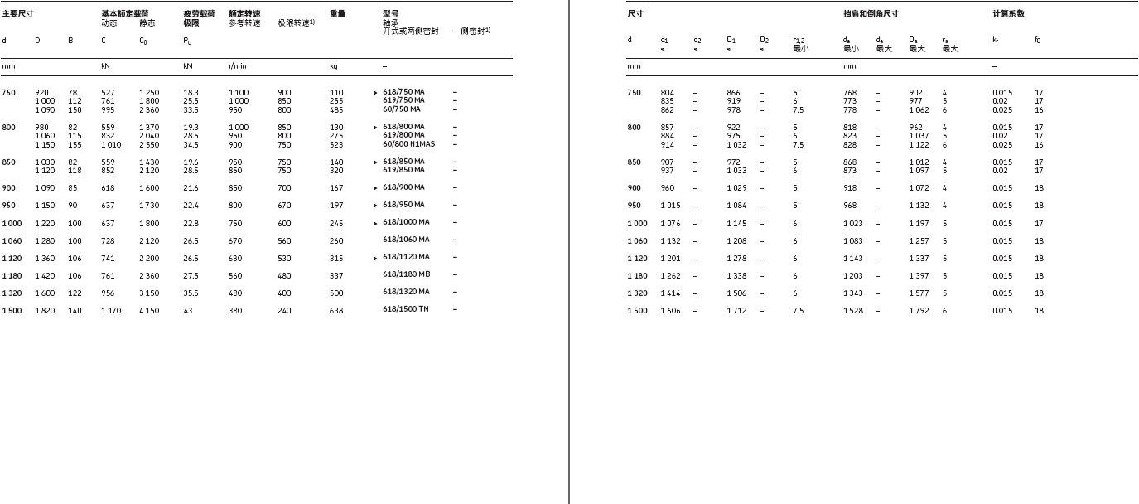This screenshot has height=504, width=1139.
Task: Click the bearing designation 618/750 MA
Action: pos(403,93)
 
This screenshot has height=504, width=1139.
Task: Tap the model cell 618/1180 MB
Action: pos(406,274)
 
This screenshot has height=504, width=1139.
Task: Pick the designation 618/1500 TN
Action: pos(406,309)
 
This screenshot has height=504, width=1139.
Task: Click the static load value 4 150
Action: pos(149,310)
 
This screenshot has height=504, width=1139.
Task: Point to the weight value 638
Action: pos(335,310)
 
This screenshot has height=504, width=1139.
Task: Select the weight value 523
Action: pos(335,144)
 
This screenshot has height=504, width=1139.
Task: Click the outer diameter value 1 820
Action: pos(45,310)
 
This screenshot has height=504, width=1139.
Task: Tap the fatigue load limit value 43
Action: pos(187,310)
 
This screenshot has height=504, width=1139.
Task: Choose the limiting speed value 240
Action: pos(284,310)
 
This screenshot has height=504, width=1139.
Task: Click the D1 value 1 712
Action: pos(736,311)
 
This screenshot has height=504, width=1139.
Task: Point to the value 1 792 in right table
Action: pos(919,311)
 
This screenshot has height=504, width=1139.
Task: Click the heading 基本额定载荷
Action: pos(119,14)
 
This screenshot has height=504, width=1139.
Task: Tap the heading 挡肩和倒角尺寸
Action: pos(871,14)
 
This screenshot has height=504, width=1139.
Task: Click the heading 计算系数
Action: pos(1008,14)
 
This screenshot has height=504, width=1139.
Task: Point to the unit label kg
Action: pos(333,66)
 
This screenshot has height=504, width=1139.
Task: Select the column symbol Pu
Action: pos(188,41)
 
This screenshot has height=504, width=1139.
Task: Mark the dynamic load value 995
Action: pos(109,109)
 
